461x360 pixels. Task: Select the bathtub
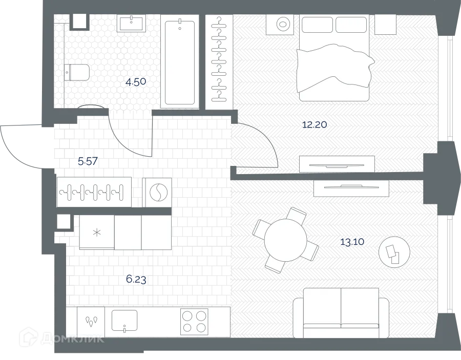179,61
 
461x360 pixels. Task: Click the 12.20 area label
315,124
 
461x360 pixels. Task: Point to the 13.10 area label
352,242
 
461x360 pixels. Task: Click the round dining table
285,240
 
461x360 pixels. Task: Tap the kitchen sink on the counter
124,321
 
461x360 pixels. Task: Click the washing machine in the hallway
157,193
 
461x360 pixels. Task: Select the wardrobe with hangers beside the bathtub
219,61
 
